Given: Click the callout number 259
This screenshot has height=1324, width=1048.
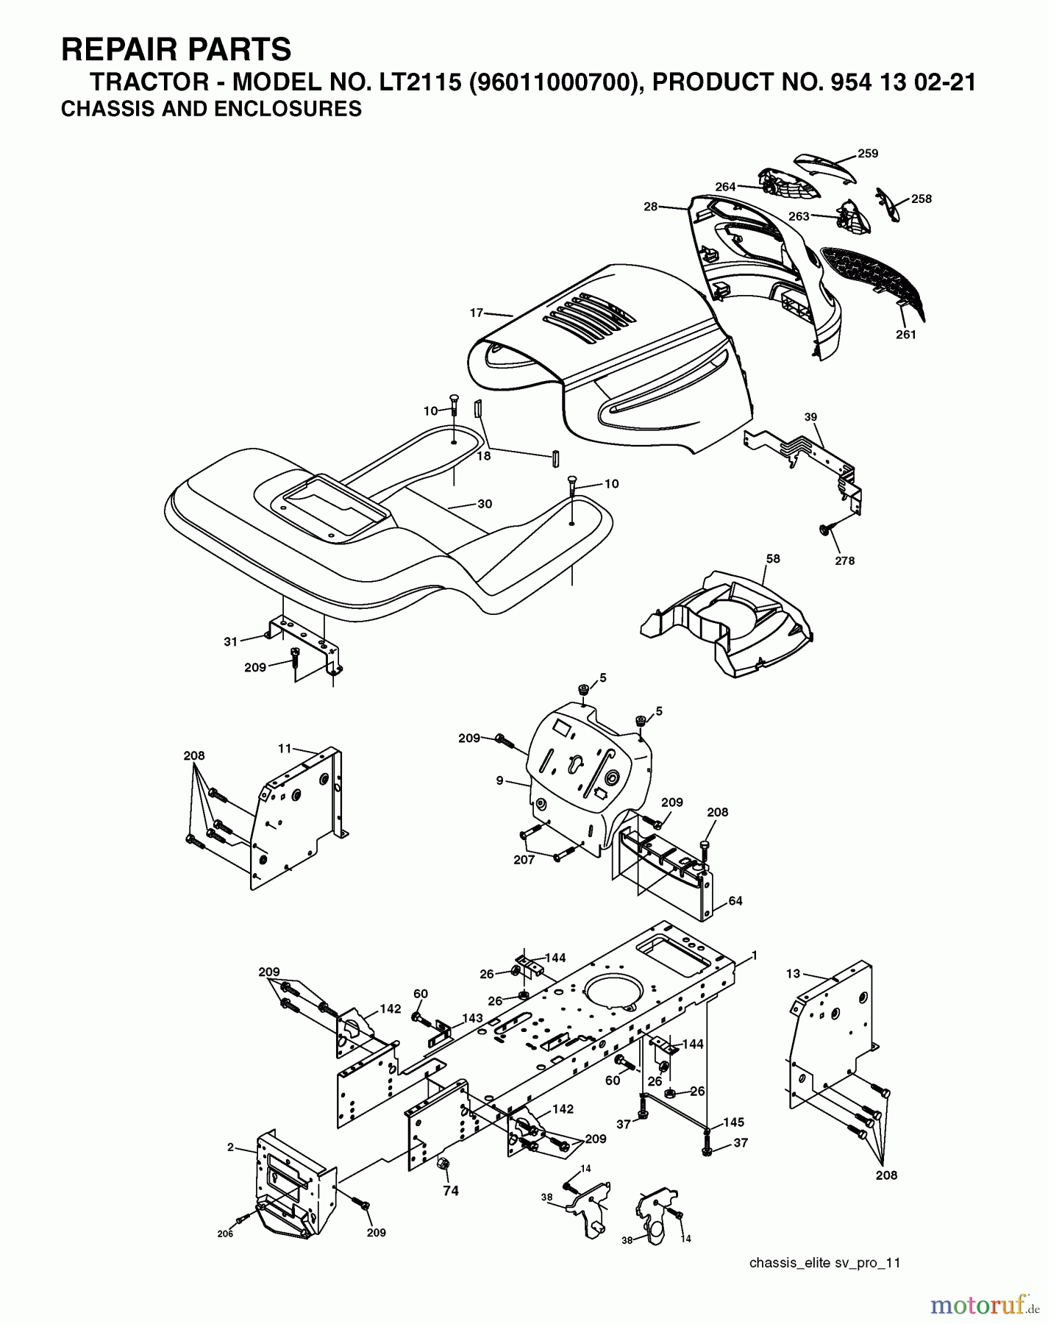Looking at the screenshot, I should tap(868, 154).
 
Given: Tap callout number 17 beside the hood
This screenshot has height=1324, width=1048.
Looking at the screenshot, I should tap(477, 313).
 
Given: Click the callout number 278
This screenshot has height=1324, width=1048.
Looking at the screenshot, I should tap(845, 560).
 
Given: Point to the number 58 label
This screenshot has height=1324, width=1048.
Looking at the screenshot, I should tap(772, 558).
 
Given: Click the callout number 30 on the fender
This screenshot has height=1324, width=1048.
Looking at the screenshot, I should tap(485, 504).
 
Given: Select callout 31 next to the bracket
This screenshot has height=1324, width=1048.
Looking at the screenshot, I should tap(231, 641).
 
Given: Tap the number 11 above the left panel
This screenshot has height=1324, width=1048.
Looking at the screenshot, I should tap(285, 749).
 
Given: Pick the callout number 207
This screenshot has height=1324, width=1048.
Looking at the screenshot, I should tap(524, 859).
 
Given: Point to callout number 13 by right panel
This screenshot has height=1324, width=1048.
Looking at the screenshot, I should tap(792, 973).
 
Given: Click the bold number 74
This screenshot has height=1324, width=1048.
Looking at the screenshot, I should tap(450, 1191).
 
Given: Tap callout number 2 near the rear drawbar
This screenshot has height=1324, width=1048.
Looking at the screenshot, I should tap(230, 1147).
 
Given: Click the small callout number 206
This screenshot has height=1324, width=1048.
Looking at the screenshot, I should tap(225, 1234).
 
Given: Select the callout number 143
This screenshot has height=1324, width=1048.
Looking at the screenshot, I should tap(472, 1018).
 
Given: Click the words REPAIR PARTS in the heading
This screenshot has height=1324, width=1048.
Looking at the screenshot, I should tap(176, 49).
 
